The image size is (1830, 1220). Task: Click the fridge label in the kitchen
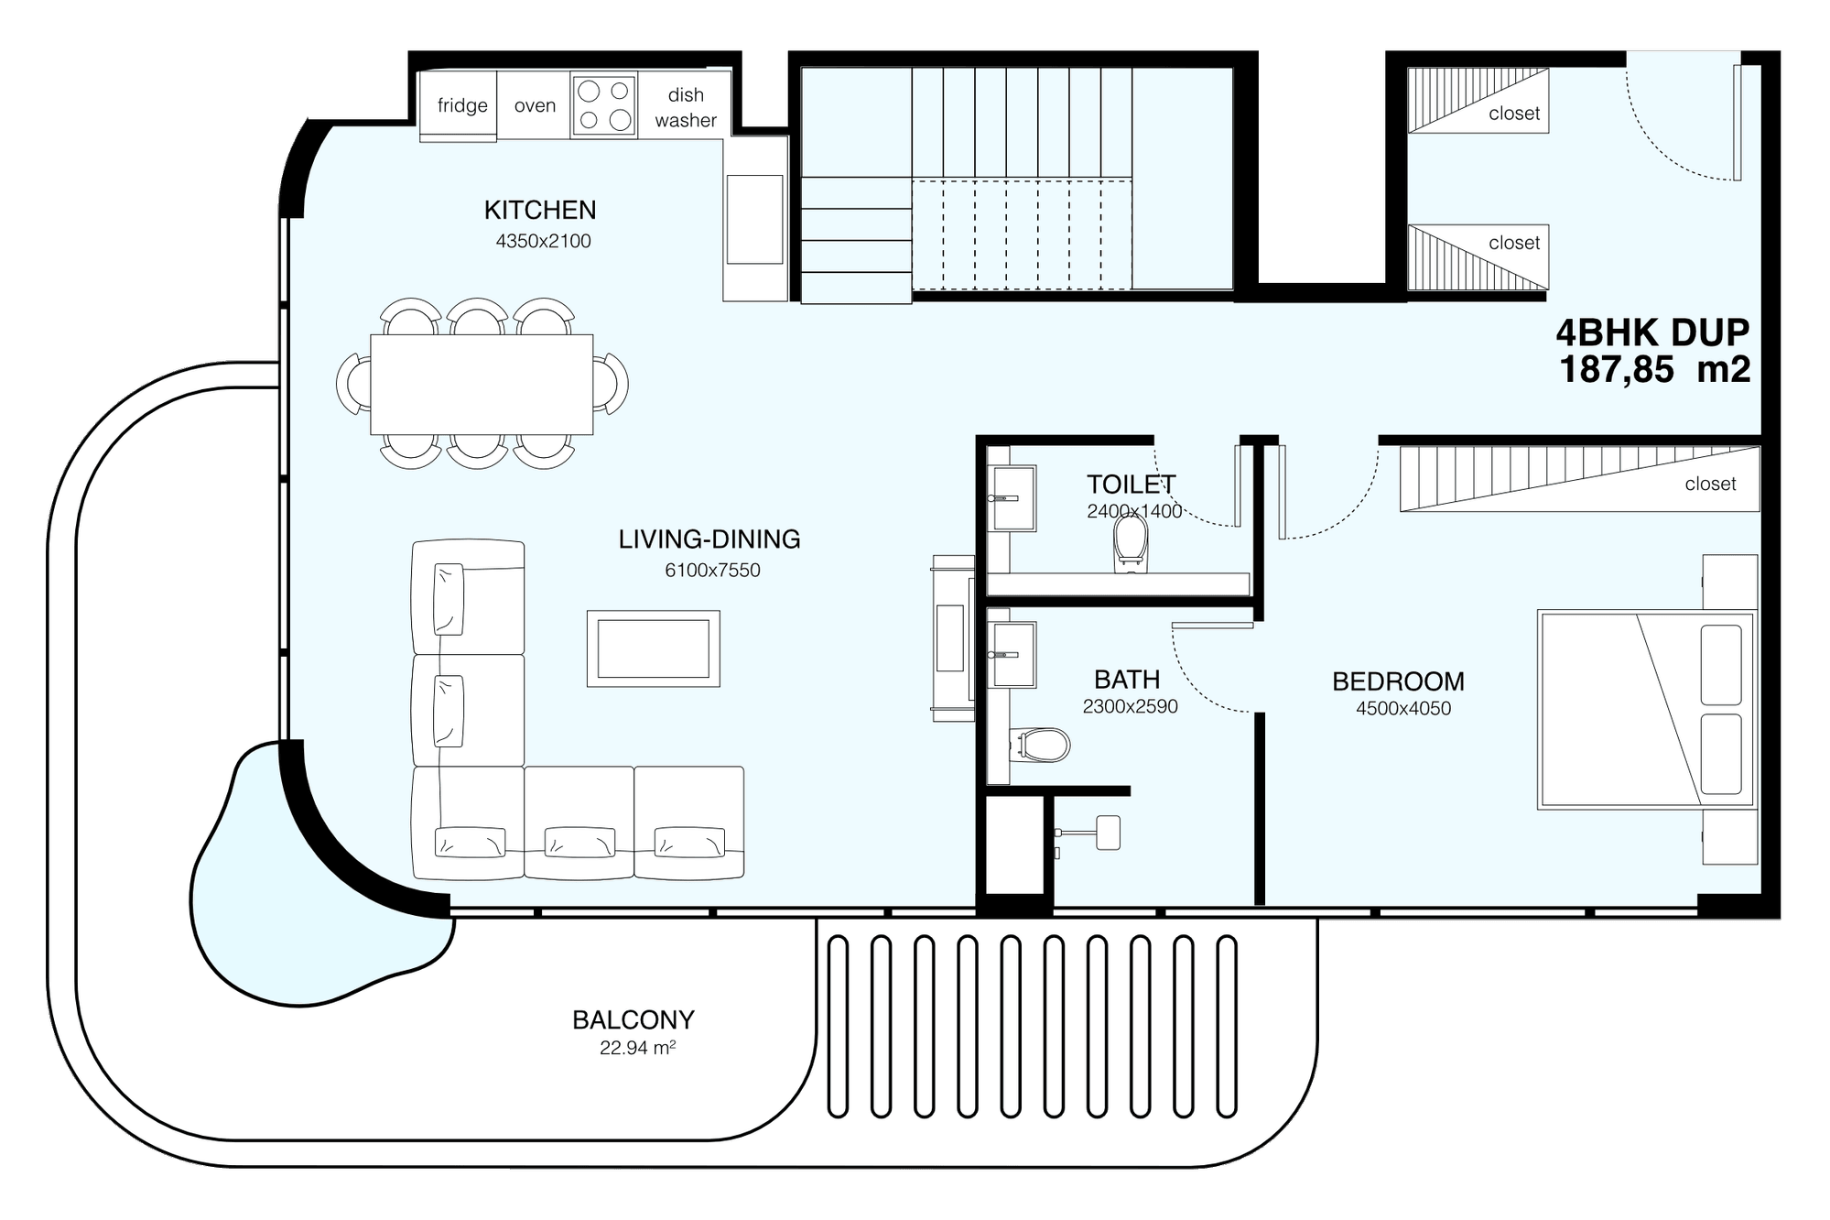(462, 105)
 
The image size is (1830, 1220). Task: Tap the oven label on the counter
(535, 105)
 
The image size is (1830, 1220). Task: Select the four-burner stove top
(604, 105)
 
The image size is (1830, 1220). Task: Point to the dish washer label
(686, 107)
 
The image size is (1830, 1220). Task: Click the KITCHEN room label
(540, 210)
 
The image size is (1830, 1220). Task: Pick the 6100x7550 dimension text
(712, 570)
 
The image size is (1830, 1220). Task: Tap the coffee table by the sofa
(654, 648)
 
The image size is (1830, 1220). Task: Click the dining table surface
(482, 385)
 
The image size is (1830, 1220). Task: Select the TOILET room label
(1131, 484)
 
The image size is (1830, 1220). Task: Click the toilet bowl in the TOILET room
(1131, 542)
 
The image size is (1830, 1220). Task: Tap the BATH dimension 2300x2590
(1130, 706)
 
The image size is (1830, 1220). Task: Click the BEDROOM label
(1398, 681)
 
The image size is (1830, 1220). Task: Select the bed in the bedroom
(1647, 710)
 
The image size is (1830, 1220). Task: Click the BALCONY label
(633, 1019)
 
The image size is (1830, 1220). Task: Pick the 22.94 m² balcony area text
(638, 1048)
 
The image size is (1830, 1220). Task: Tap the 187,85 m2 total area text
(1655, 369)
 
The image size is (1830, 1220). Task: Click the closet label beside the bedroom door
(1710, 484)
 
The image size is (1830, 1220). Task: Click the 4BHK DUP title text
(1653, 332)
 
